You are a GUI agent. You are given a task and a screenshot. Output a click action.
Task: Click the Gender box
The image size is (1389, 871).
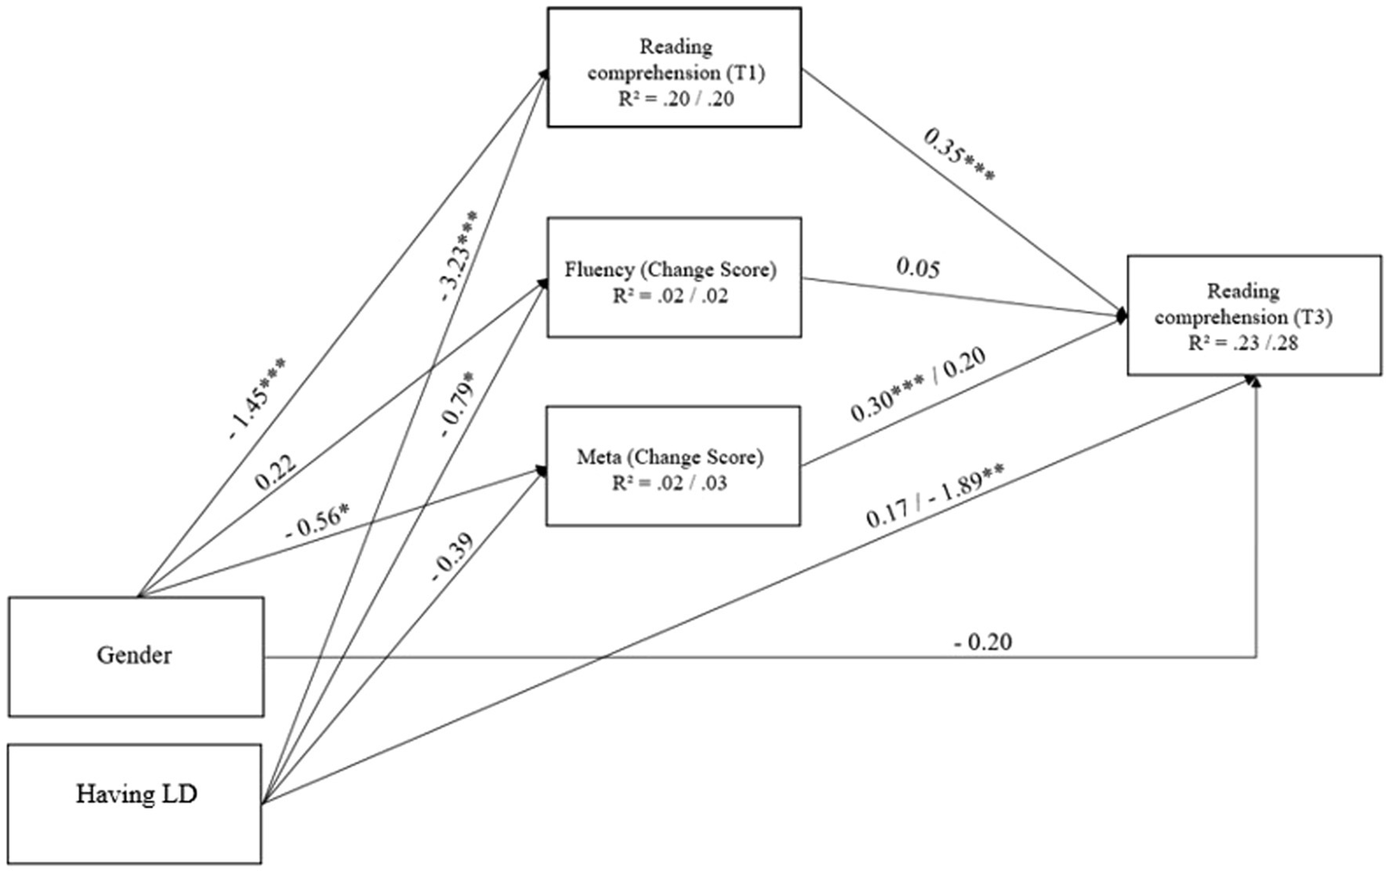136,656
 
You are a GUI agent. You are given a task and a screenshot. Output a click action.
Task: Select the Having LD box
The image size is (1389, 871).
136,795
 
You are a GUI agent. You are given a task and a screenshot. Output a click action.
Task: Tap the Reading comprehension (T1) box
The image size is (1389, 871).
674,68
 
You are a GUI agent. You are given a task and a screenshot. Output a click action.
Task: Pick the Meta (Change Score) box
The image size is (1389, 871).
673,465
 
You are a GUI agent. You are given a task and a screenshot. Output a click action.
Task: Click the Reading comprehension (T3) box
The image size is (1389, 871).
1254,315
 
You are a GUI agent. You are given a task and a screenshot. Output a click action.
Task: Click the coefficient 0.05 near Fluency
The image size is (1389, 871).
918,268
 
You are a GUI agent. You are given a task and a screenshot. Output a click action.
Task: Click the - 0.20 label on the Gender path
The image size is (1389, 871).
983,642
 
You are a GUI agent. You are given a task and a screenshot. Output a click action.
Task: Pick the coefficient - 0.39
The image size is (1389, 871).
452,554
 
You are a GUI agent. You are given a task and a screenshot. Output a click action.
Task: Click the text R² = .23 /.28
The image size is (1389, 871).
1244,343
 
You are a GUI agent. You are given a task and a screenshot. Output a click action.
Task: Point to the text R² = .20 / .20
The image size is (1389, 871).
675,99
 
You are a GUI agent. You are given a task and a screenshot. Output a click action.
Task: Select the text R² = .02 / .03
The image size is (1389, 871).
670,483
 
